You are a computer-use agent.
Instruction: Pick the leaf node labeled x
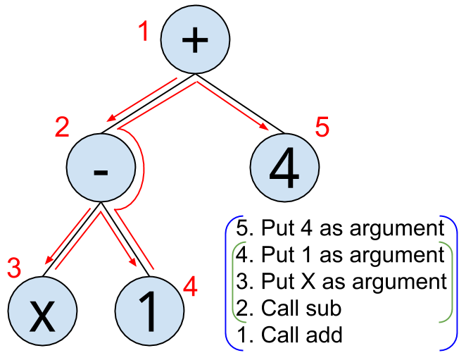pos(42,314)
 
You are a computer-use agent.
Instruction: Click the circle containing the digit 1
pos(149,314)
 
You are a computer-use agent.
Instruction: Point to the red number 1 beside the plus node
pos(144,32)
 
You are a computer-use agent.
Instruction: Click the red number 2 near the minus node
pos(63,128)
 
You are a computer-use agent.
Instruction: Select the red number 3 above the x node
pos(14,268)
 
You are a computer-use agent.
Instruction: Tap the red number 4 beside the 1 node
pos(190,286)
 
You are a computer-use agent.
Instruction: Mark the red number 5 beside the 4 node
pos(322,128)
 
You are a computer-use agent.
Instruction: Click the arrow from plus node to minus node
pos(141,101)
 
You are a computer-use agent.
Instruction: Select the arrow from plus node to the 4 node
pos(233,106)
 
